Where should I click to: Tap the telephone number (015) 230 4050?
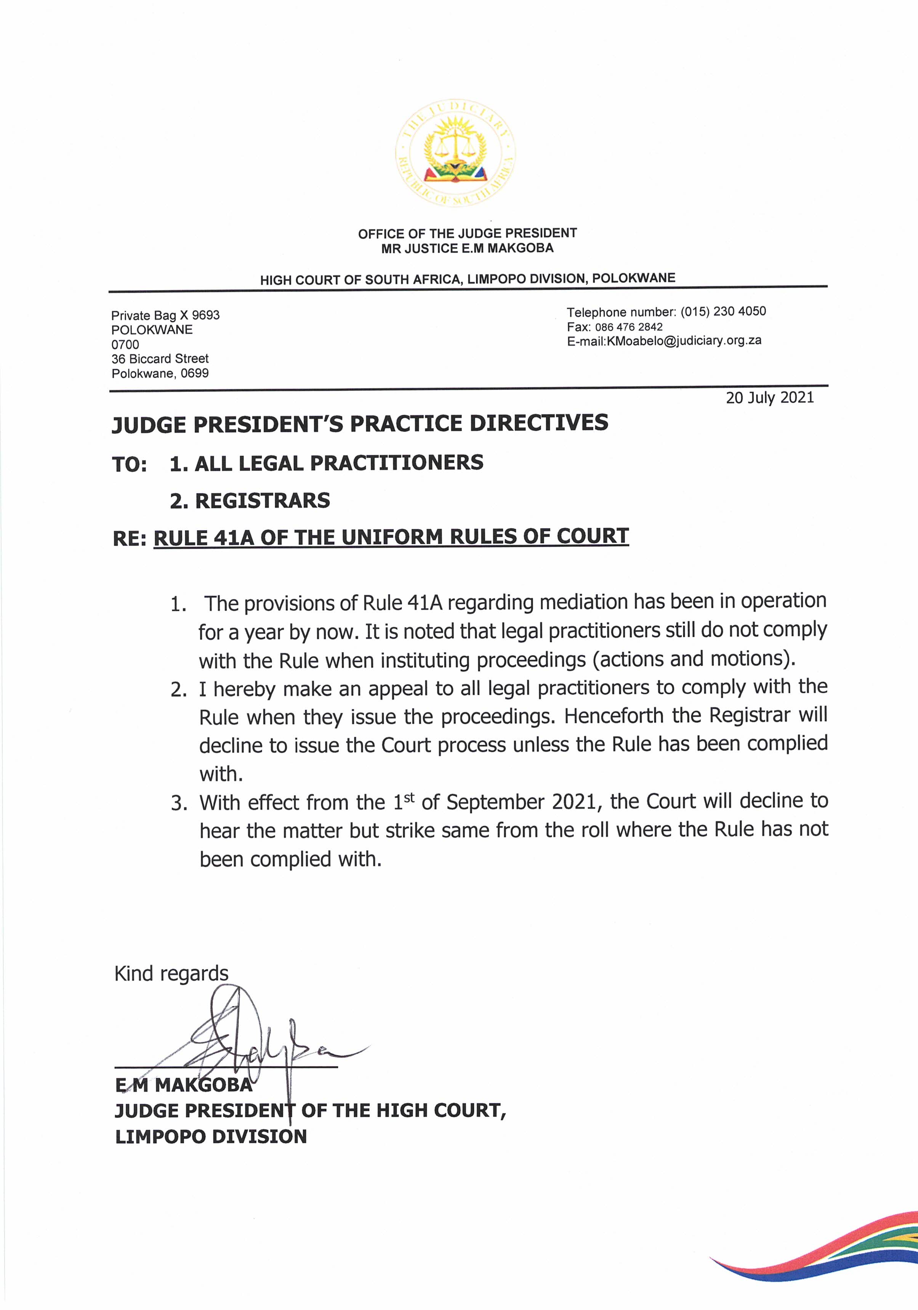(x=723, y=311)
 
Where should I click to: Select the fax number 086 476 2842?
(x=629, y=327)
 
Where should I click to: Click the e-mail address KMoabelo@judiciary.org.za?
(x=685, y=341)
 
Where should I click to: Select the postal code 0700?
(x=125, y=345)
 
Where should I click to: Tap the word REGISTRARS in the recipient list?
(x=263, y=501)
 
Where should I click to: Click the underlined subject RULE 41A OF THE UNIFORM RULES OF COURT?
(x=391, y=537)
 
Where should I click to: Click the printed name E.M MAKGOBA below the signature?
(x=183, y=1085)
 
